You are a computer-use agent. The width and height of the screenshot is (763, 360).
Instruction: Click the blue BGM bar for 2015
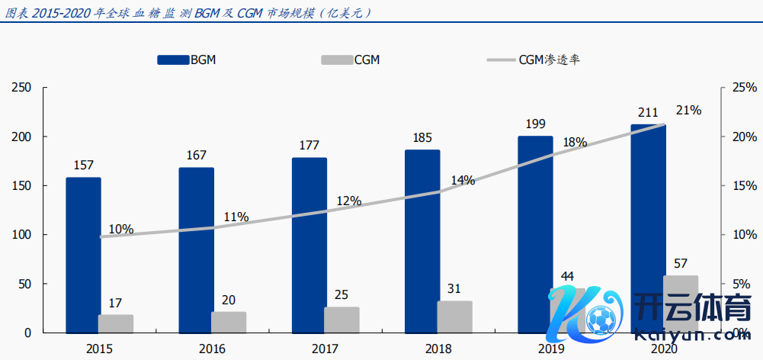point(83,255)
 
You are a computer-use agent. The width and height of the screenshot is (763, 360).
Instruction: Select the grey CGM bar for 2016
point(229,322)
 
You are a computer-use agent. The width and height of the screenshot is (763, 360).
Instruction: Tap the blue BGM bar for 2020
point(648,228)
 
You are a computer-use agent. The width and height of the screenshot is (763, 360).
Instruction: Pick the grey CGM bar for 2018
point(454,317)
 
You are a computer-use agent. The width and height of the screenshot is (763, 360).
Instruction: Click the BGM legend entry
point(187,59)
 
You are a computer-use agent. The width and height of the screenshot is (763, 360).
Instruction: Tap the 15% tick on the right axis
point(744,186)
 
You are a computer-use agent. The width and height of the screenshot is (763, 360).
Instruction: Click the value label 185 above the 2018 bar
point(422,138)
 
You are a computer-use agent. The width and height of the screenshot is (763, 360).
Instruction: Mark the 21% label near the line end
point(688,111)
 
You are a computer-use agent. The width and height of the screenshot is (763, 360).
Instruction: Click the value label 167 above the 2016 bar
point(196,156)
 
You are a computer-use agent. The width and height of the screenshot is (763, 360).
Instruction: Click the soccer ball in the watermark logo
point(601,318)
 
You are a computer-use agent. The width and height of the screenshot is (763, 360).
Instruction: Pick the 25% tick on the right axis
point(744,88)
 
